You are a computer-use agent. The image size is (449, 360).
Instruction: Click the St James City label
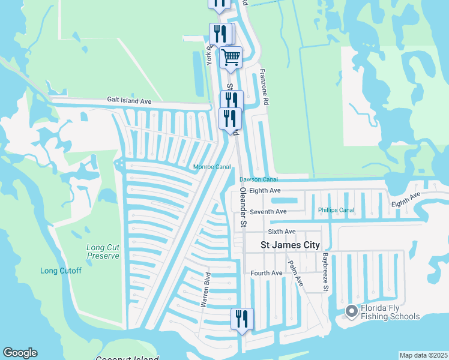(290, 245)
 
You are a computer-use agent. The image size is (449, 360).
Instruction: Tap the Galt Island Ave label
(129, 101)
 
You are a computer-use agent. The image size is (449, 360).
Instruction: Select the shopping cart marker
(231, 58)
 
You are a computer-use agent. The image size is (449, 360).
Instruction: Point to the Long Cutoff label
(61, 271)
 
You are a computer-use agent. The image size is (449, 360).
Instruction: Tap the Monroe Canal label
(212, 167)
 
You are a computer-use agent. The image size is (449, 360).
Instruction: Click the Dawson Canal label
(259, 179)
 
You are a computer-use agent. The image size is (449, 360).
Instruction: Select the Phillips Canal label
(336, 211)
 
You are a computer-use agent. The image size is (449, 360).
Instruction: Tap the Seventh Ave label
(268, 212)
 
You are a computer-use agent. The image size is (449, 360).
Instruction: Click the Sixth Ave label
(282, 231)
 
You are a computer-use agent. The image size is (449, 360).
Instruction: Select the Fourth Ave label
(267, 274)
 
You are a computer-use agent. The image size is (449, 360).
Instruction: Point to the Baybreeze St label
(325, 272)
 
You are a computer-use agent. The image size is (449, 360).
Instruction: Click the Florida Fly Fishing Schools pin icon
(351, 311)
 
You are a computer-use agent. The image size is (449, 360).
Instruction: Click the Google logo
(20, 353)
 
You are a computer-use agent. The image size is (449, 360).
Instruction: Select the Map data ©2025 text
(423, 355)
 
